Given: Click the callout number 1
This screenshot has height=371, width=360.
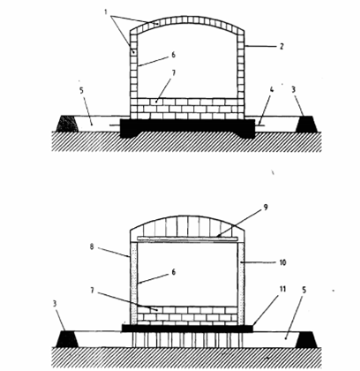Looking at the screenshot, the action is pyautogui.click(x=106, y=11).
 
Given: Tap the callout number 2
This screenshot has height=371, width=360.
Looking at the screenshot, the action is pyautogui.click(x=281, y=46).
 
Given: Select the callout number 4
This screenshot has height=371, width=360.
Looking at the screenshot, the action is pyautogui.click(x=272, y=89).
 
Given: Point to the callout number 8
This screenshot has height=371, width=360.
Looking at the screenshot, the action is pyautogui.click(x=92, y=246).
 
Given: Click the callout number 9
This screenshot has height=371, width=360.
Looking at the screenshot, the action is pyautogui.click(x=266, y=208).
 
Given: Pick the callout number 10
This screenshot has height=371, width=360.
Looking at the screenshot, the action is pyautogui.click(x=282, y=262).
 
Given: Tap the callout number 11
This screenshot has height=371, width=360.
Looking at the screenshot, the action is pyautogui.click(x=282, y=289).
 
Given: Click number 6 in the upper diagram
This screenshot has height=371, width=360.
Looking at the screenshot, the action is pyautogui.click(x=173, y=55).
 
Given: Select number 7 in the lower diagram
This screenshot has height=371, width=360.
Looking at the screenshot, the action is pyautogui.click(x=92, y=291).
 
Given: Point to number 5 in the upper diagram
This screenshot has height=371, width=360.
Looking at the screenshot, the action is pyautogui.click(x=82, y=90).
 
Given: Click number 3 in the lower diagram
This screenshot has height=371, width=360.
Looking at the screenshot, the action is pyautogui.click(x=55, y=303).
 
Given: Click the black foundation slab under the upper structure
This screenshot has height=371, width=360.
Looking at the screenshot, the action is pyautogui.click(x=187, y=126).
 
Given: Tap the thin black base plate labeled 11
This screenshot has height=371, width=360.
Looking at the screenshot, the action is pyautogui.click(x=187, y=328).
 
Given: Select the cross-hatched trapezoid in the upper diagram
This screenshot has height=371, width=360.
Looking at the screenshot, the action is pyautogui.click(x=68, y=124).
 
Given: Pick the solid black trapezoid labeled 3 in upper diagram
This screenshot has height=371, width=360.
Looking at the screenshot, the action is pyautogui.click(x=306, y=124).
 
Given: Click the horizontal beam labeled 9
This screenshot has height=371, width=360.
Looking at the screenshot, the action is pyautogui.click(x=187, y=238).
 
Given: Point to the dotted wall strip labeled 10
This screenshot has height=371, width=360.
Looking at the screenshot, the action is pyautogui.click(x=242, y=284).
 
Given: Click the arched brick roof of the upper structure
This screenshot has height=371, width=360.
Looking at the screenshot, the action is pyautogui.click(x=187, y=19).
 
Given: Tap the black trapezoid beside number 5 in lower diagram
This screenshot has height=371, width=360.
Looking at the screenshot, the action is pyautogui.click(x=306, y=339).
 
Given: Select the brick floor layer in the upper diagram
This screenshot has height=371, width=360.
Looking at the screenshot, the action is pyautogui.click(x=187, y=109).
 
